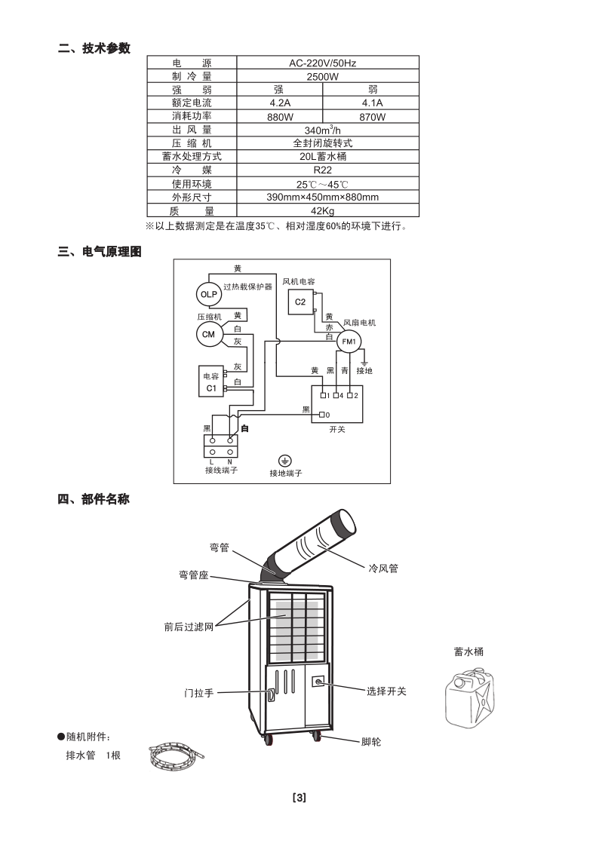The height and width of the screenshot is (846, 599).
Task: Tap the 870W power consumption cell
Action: point(372,117)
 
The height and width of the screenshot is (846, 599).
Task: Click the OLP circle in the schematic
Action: point(208,293)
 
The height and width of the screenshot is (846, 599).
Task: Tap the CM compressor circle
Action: point(208,334)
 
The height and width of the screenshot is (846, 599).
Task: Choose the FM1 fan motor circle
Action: point(349,342)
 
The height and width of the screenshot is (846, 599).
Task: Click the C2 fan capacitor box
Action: point(300,302)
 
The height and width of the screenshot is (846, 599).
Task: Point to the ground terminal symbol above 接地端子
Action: point(285,461)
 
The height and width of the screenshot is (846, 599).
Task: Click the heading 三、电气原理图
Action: point(100,252)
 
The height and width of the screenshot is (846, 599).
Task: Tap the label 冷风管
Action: point(382,568)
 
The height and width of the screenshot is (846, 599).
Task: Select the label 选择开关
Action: point(386,691)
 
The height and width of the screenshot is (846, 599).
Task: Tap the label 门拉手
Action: point(199,692)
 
